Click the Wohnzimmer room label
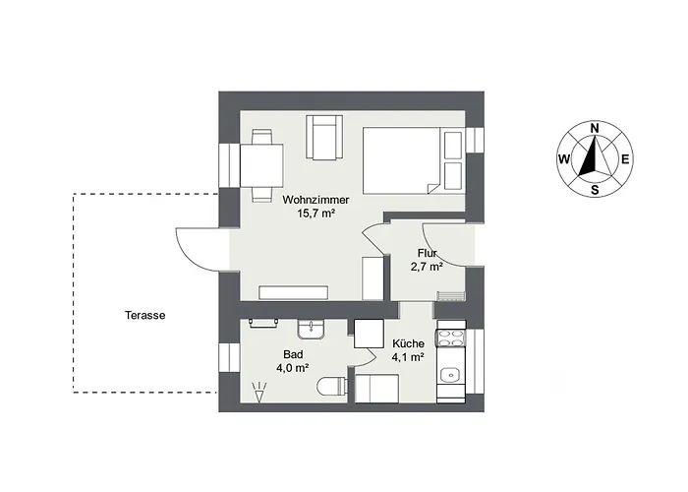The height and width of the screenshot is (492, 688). pos(315,200)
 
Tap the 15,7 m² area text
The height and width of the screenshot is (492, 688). pos(315,214)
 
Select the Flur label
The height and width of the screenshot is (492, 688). pos(427,253)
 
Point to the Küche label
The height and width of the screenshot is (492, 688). pos(408,343)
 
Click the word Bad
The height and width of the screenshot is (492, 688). pos(293,354)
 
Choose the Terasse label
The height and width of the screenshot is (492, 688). pos(144,316)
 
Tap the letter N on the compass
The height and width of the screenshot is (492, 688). pos(595,128)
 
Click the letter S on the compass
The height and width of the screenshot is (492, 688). pos(595,190)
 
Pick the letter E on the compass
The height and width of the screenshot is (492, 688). pos(626,159)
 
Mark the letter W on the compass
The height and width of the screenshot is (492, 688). pos(564,159)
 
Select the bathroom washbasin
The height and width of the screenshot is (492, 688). pos(311,329)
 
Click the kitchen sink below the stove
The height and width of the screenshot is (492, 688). pos(450,375)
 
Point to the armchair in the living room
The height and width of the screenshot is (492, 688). pos(324,137)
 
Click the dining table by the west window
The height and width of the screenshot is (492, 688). pos(261,166)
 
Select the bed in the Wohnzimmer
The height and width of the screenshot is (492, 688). pos(413,160)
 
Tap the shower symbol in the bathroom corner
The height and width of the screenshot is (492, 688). pos(259,393)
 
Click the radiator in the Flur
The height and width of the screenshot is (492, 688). pos(450,296)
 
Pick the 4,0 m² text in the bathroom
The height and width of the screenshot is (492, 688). pos(293,368)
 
